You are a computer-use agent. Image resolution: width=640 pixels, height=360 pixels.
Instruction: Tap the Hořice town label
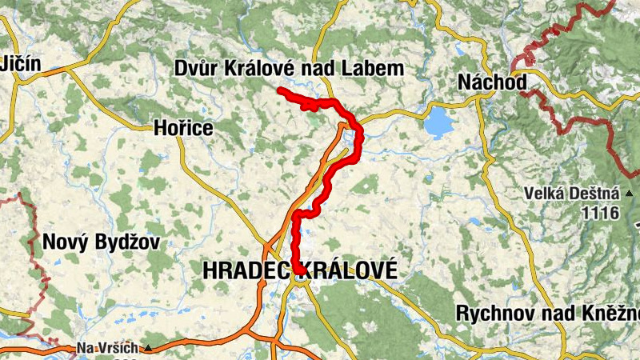[183, 128]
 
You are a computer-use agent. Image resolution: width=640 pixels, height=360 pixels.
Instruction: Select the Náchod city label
[493, 82]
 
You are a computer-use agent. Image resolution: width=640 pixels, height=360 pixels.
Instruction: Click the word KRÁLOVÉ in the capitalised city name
[350, 271]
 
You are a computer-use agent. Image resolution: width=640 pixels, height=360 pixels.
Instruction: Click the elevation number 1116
[602, 213]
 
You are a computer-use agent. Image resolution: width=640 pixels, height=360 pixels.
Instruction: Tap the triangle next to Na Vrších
[148, 348]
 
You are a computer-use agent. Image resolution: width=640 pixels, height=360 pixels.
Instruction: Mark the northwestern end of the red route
[280, 90]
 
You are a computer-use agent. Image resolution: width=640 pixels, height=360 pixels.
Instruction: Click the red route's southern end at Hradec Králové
[298, 270]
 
